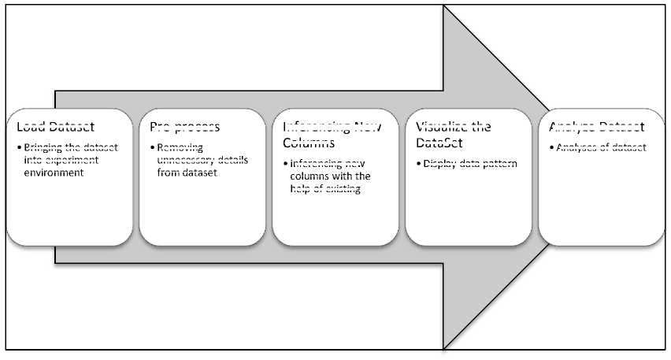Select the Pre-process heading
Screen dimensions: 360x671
(185, 127)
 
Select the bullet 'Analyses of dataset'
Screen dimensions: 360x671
(599, 147)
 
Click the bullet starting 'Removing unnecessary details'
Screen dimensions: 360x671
(201, 160)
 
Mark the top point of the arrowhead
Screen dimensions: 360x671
(445, 7)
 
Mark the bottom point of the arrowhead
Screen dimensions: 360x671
(445, 347)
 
